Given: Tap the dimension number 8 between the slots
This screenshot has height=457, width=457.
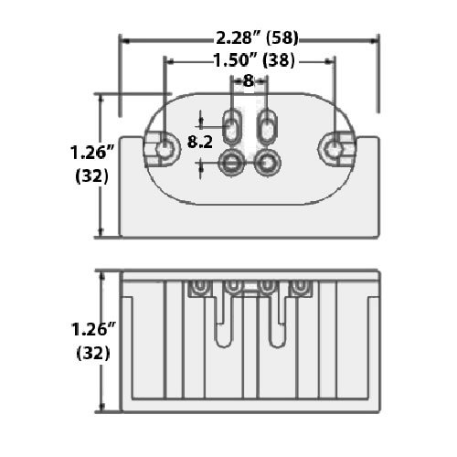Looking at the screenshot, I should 249,81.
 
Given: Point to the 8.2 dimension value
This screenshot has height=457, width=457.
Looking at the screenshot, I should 200,142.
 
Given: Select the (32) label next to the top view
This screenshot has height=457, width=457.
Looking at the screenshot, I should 91,176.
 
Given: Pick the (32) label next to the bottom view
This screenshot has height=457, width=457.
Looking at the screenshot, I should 91,354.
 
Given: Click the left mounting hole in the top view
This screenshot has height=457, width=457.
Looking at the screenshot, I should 165,148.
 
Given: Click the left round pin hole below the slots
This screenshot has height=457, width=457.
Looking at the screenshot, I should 232,163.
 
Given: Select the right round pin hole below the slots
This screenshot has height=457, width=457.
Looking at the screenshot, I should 267,163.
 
